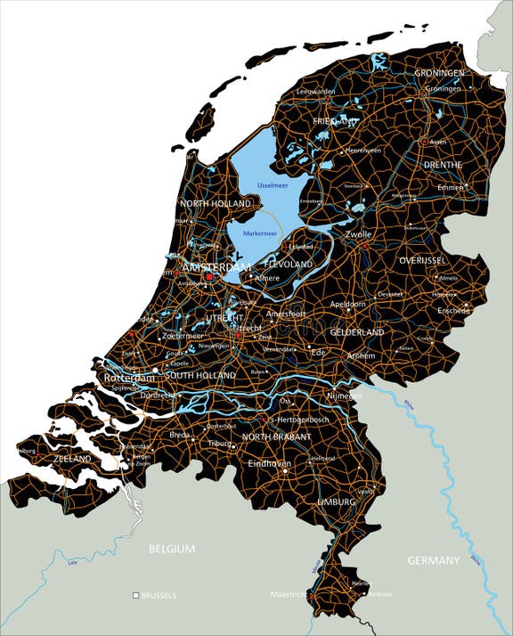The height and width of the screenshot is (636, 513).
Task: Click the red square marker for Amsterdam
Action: point(210,277)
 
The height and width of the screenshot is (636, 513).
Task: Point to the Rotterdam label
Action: point(129,377)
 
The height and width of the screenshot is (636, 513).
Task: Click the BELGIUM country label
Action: point(171,550)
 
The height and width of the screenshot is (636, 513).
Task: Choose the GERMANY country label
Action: point(433,560)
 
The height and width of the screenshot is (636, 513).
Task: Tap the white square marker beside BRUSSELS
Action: point(135,595)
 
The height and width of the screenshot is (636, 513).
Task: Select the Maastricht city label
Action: point(289,593)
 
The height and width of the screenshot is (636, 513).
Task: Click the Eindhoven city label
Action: point(270,463)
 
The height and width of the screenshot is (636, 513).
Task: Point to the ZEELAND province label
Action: point(72,459)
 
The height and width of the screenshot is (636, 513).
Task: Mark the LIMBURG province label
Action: point(335,501)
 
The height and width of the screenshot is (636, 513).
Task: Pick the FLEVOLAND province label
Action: point(289,265)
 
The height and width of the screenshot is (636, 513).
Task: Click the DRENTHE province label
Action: point(443,165)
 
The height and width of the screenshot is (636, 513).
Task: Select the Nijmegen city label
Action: point(344,395)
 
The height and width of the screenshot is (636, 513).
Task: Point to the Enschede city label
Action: point(452,310)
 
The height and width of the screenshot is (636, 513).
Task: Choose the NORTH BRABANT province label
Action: point(276,437)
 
